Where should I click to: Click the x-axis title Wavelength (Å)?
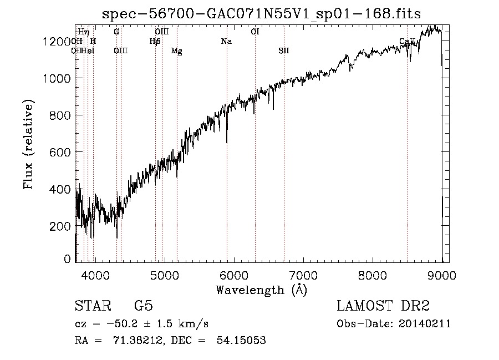pos(261,290)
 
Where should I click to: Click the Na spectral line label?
pos(226,42)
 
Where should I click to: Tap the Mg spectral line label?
pos(177,51)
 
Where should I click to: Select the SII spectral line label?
pos(284,51)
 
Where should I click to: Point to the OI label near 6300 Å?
pos(255,32)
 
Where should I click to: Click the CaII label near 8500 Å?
pos(408,42)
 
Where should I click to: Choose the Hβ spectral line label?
pos(155,42)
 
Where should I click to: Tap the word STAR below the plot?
pos(92,307)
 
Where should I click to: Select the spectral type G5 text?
pos(144,307)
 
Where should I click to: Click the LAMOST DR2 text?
pos(383,307)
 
